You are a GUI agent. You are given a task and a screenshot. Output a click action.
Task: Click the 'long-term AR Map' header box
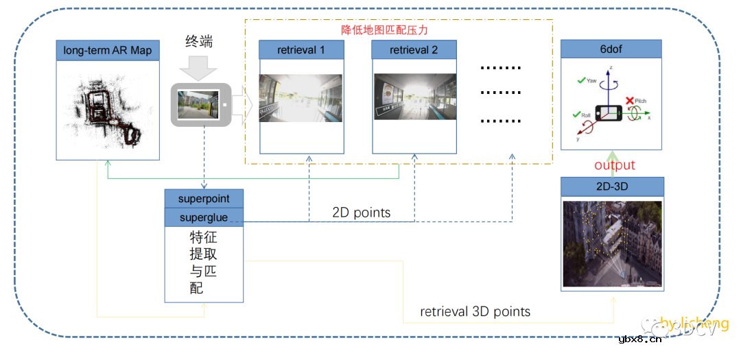click(108, 50)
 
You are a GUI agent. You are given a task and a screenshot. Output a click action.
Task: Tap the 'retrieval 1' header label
click(301, 50)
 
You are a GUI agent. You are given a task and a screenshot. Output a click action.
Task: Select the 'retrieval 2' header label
click(414, 50)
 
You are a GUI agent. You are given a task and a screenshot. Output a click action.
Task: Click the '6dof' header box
click(611, 49)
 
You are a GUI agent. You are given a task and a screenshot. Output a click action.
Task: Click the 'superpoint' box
click(204, 199)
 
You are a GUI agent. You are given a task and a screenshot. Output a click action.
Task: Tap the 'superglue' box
click(204, 217)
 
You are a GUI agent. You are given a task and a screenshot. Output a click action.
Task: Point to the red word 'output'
click(615, 165)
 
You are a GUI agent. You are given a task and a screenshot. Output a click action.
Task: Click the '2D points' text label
click(361, 213)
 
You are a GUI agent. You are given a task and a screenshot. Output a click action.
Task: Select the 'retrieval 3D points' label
click(475, 311)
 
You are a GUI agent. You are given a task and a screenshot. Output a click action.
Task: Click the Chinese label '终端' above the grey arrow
click(199, 41)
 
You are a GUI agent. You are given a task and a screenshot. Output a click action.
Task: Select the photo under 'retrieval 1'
click(301, 97)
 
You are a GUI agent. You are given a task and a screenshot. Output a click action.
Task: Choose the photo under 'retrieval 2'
click(414, 97)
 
